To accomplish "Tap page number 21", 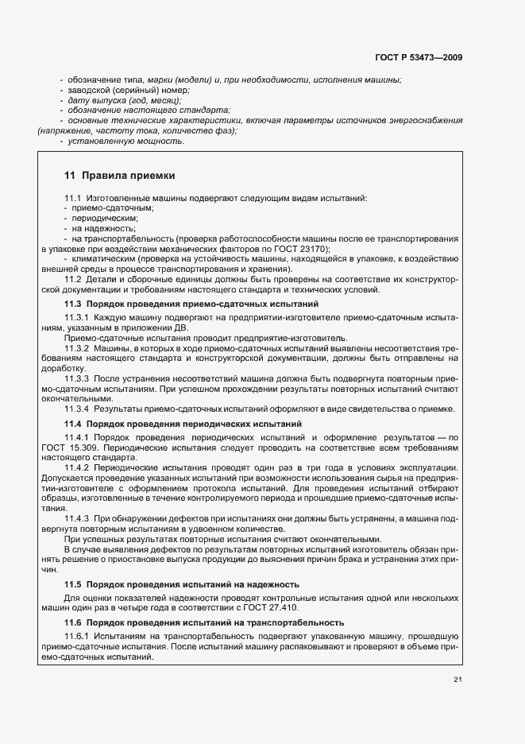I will click(458, 678).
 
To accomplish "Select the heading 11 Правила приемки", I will click(119, 175).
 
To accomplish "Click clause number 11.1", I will click(73, 197).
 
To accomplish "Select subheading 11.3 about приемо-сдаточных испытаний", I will click(191, 304).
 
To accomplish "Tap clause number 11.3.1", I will click(76, 317).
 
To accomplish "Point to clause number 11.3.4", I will click(76, 409).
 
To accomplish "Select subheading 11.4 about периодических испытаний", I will click(183, 424).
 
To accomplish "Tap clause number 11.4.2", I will click(76, 467).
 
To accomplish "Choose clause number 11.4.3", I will click(76, 518).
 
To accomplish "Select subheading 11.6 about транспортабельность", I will click(204, 622).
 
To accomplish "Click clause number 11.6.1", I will click(76, 637).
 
